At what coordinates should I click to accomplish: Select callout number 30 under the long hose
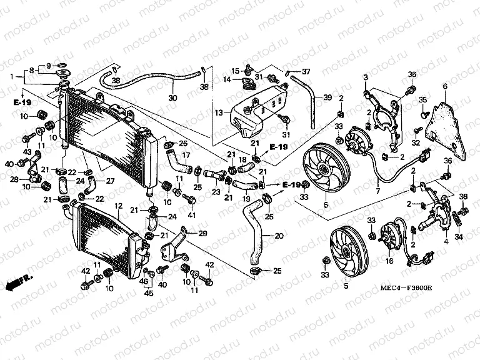pos(173,97)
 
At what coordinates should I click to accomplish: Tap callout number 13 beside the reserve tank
pos(217,113)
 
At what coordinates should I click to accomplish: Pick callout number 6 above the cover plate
pos(445,86)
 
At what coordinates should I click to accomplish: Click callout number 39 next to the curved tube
pos(327,97)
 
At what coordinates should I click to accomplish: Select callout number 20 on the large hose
pos(278,236)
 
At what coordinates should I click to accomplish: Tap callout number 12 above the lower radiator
pos(117,206)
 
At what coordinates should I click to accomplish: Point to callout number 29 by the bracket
pos(202,233)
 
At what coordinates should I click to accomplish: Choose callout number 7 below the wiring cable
pos(377,191)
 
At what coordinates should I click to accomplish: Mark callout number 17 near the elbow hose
pos(186,155)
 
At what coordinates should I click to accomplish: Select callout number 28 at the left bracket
pos(14,179)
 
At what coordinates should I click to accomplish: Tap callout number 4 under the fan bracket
pos(446,241)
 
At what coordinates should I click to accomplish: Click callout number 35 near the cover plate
pos(423,100)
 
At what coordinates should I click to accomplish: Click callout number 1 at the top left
pos(11,76)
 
